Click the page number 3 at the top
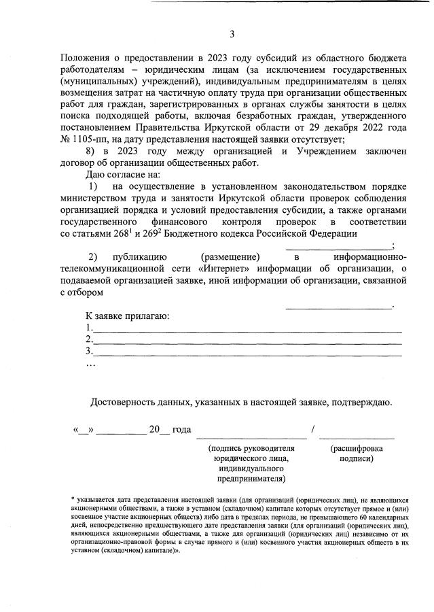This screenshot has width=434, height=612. click(232, 34)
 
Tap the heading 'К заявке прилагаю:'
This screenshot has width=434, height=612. click(127, 316)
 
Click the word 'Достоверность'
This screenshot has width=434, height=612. click(126, 403)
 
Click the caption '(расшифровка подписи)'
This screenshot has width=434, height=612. click(357, 454)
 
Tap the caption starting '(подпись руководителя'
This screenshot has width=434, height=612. click(251, 449)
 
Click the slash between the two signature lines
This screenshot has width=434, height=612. click(312, 430)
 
